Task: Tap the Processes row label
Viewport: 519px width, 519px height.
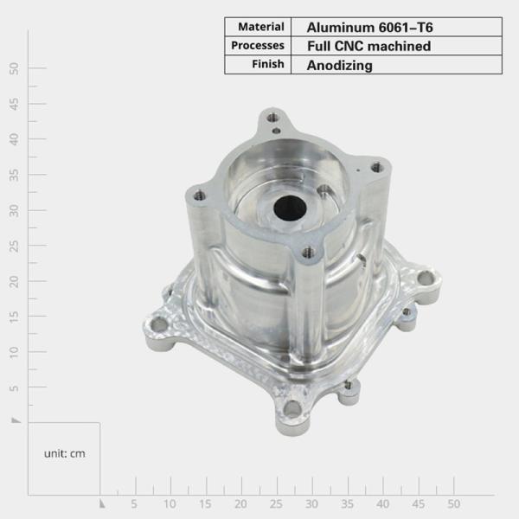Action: pyautogui.click(x=258, y=46)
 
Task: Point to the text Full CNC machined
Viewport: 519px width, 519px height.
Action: pyautogui.click(x=368, y=46)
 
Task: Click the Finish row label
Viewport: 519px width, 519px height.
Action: pyautogui.click(x=268, y=65)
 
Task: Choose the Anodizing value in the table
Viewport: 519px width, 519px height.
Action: pyautogui.click(x=340, y=65)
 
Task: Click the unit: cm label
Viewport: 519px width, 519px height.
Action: pyautogui.click(x=65, y=453)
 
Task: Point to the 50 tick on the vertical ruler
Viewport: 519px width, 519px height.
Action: pyautogui.click(x=14, y=67)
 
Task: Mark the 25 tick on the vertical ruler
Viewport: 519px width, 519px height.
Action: pyautogui.click(x=14, y=245)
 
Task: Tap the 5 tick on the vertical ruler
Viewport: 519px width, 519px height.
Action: pyautogui.click(x=14, y=387)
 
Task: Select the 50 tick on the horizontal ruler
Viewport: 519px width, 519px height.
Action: pyautogui.click(x=453, y=503)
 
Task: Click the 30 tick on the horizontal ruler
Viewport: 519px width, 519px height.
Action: pyautogui.click(x=311, y=503)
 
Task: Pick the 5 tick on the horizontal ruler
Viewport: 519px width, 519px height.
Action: pyautogui.click(x=134, y=503)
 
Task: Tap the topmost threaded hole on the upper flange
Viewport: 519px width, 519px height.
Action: pyautogui.click(x=273, y=117)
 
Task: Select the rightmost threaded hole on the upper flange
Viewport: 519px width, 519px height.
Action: pyautogui.click(x=375, y=168)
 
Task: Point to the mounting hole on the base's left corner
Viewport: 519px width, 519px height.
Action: pyautogui.click(x=158, y=324)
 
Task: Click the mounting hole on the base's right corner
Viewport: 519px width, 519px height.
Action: pyautogui.click(x=426, y=279)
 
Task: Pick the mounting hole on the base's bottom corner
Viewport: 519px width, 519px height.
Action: pyautogui.click(x=292, y=407)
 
